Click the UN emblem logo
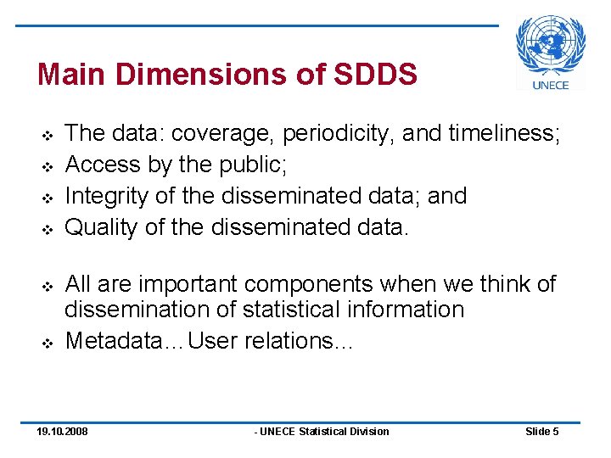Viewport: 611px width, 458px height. point(551,45)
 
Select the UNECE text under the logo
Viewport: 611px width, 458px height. point(551,84)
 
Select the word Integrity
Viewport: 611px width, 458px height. point(109,195)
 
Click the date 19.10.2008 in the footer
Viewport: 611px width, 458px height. point(62,432)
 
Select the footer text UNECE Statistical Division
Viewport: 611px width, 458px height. point(322,432)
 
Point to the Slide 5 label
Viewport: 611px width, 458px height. point(541,432)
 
